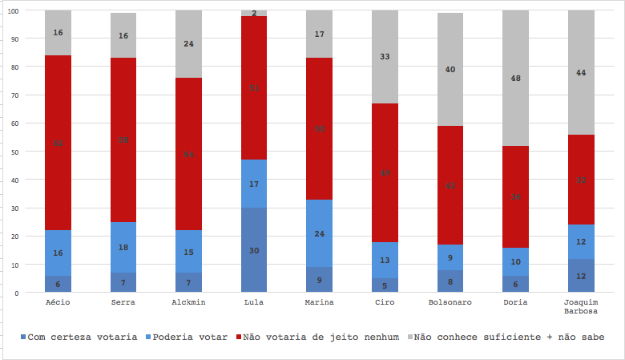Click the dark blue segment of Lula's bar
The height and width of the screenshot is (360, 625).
click(x=254, y=250)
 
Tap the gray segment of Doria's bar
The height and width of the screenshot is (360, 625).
click(x=516, y=78)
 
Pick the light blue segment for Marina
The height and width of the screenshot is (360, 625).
click(x=320, y=233)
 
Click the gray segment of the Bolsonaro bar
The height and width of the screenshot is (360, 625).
click(x=450, y=70)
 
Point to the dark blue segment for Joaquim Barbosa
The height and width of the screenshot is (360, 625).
click(x=581, y=276)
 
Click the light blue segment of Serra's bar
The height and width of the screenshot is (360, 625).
click(x=123, y=247)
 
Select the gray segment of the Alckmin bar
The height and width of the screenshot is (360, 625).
click(x=188, y=44)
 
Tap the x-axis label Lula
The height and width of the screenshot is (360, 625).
click(x=254, y=302)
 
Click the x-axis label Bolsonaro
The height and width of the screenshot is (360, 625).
click(x=450, y=302)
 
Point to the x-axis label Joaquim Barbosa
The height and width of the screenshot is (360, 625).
click(x=581, y=307)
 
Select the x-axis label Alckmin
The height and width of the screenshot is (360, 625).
click(x=188, y=302)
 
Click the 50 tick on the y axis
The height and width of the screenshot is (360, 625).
click(x=16, y=152)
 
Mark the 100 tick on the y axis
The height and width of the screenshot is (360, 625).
click(x=14, y=11)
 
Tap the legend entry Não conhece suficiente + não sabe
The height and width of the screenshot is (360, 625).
click(x=506, y=338)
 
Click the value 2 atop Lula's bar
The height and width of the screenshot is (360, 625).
click(x=254, y=13)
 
